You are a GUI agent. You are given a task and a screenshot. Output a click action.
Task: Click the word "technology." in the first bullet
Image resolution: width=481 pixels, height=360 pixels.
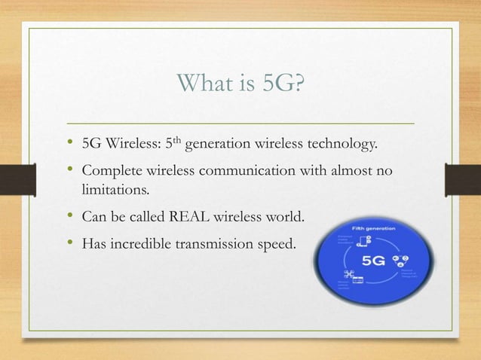[343, 143]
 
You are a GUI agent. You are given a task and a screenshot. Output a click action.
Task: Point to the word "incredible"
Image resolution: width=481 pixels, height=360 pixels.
[146, 245]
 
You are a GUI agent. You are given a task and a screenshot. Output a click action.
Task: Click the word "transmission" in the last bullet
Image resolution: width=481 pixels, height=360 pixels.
[221, 245]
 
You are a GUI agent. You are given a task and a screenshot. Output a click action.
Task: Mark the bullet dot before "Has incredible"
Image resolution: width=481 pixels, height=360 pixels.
[71, 244]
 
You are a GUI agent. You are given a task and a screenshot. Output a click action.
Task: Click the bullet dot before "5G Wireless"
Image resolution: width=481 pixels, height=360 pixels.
[71, 142]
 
